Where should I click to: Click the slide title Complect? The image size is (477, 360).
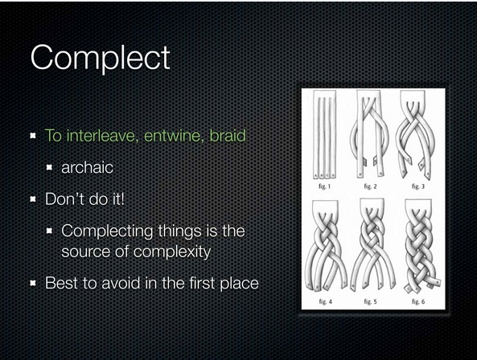click(100, 58)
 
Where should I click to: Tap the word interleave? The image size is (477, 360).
click(101, 136)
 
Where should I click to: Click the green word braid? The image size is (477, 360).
click(228, 136)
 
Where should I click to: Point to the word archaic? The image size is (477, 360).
click(88, 167)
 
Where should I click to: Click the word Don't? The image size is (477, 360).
click(64, 199)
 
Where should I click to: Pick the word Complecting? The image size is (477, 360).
click(107, 231)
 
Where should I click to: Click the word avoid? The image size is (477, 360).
click(121, 283)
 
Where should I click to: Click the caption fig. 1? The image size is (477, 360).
click(324, 186)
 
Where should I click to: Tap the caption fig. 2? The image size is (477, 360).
click(371, 186)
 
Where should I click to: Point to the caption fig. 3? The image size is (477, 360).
click(418, 186)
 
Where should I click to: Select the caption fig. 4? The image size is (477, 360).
click(325, 301)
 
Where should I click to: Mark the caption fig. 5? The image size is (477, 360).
click(371, 301)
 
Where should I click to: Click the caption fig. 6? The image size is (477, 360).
click(418, 301)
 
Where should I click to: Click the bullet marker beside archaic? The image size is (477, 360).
click(49, 168)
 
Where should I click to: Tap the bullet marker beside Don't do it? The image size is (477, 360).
click(33, 199)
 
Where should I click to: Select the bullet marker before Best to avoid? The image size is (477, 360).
click(33, 284)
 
